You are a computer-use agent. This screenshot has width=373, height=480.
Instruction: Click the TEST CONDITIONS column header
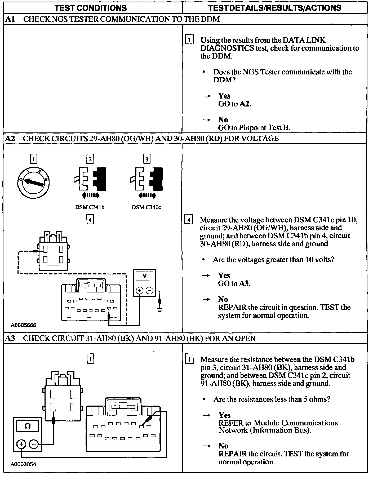pos(91,8)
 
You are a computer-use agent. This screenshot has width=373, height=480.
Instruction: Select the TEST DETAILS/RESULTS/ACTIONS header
pos(275,8)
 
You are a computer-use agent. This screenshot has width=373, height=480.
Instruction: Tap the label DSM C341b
pos(90,207)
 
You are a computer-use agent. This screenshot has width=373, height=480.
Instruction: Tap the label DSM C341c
pos(146,207)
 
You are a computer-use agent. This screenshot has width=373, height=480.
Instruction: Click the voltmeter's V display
pos(144,276)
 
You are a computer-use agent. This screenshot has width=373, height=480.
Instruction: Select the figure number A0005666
pos(24,325)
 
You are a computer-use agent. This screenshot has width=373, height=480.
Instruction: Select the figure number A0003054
pos(24,472)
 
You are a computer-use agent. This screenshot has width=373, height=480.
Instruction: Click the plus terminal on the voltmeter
pos(139,291)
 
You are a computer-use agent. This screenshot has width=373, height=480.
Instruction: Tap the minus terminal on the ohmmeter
pos(33,444)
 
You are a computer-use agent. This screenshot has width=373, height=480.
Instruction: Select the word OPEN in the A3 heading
pos(245,338)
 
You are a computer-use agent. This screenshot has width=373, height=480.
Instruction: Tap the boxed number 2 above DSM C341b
pos(90,159)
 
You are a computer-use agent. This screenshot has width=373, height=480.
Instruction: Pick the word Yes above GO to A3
pos(224,275)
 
